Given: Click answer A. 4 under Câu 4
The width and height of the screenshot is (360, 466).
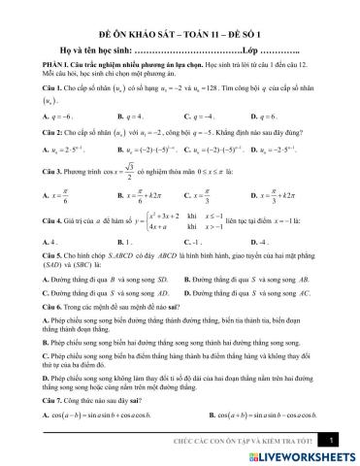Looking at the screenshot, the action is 43,239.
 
